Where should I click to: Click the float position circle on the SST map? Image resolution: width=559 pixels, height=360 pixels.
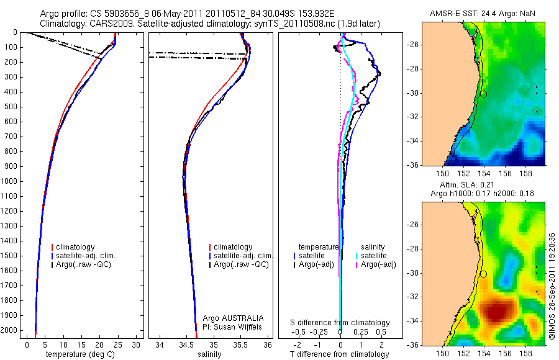pyautogui.click(x=483, y=94)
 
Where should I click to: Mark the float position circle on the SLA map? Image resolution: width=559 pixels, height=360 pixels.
pyautogui.click(x=483, y=274)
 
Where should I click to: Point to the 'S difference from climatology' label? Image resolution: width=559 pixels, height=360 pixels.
pyautogui.click(x=340, y=323)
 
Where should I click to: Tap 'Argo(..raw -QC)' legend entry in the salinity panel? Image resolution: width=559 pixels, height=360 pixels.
pyautogui.click(x=240, y=264)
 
